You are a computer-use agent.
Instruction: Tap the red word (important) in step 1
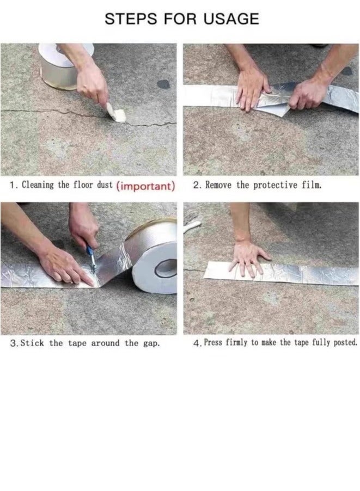pos(145,186)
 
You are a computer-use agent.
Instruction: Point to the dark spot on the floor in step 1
pos(163,84)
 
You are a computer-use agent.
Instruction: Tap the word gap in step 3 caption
pos(150,343)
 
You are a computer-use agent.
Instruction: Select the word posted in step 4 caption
pos(343,343)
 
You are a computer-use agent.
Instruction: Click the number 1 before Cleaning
pos(12,186)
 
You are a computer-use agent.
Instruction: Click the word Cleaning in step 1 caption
pos(37,185)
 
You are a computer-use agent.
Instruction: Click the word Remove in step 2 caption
pos(219,185)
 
